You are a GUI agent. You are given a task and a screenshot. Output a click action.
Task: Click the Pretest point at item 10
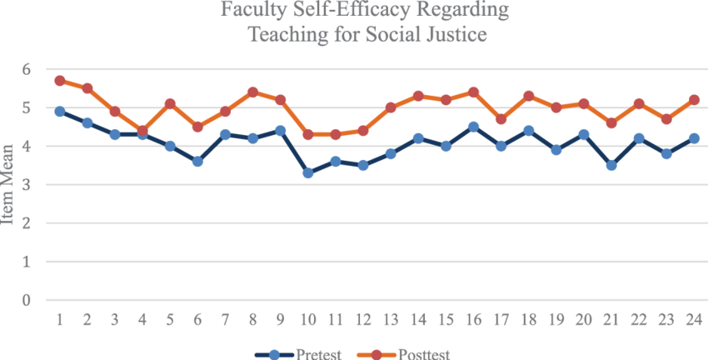click(x=307, y=172)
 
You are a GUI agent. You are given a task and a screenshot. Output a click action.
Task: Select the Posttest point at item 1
click(x=60, y=81)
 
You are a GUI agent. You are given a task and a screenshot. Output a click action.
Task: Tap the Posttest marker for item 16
click(x=472, y=92)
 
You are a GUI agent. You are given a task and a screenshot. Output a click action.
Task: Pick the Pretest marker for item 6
click(x=197, y=161)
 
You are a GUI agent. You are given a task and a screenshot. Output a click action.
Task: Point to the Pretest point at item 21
click(x=611, y=165)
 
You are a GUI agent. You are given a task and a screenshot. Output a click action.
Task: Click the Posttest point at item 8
click(x=252, y=92)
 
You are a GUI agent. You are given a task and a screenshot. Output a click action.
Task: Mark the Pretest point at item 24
click(x=693, y=138)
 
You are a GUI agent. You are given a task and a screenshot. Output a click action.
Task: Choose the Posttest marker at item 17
click(x=500, y=119)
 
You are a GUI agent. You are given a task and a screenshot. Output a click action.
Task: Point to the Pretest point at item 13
click(x=390, y=153)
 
